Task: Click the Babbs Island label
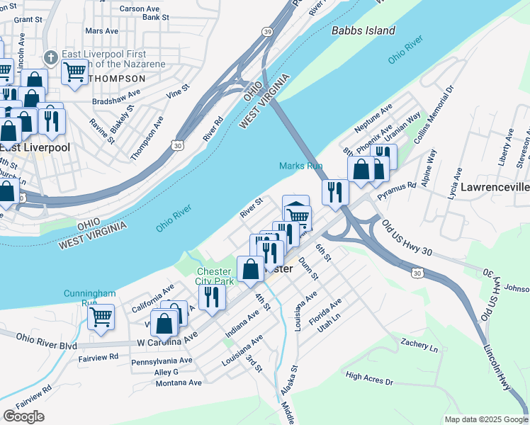pyautogui.click(x=363, y=30)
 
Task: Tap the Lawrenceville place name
pyautogui.click(x=495, y=188)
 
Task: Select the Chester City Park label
pyautogui.click(x=214, y=276)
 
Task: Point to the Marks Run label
pyautogui.click(x=300, y=166)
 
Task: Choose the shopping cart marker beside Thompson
pyautogui.click(x=74, y=71)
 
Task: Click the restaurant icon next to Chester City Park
pyautogui.click(x=210, y=297)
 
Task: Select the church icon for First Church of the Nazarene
pyautogui.click(x=50, y=57)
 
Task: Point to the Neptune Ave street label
pyautogui.click(x=373, y=118)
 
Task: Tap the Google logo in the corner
pyautogui.click(x=23, y=416)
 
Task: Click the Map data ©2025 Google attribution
pyautogui.click(x=485, y=419)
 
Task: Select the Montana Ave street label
pyautogui.click(x=178, y=382)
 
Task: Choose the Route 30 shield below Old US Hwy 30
pyautogui.click(x=417, y=273)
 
